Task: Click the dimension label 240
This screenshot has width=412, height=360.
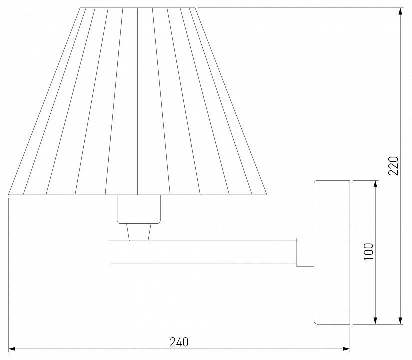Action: click(178, 342)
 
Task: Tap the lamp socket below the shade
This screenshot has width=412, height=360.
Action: click(139, 209)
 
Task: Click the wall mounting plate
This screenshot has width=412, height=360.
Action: click(332, 252)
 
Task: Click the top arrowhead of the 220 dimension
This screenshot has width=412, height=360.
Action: click(400, 10)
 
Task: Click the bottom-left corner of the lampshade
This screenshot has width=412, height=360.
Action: click(9, 194)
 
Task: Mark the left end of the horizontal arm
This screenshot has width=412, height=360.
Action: click(111, 252)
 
